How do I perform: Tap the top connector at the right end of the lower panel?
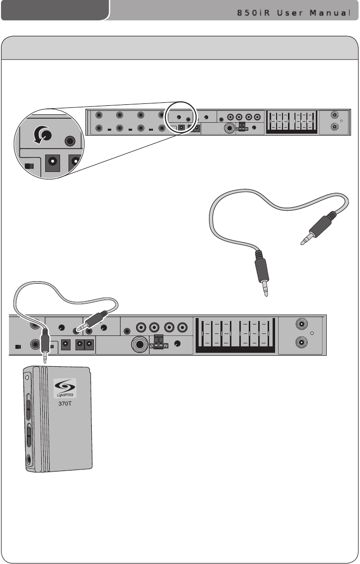point(300,325)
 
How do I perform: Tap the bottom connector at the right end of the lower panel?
point(300,343)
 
